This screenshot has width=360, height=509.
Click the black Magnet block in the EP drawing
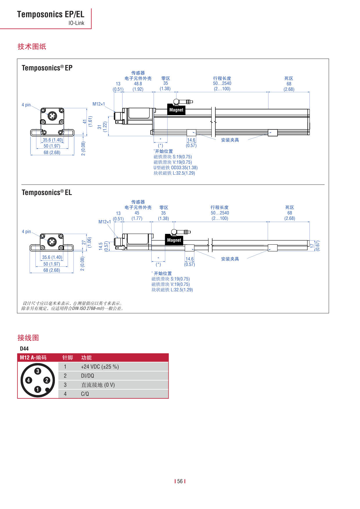click(176, 110)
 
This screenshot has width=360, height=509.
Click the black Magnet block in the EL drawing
click(174, 240)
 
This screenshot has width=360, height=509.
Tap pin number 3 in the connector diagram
click(38, 371)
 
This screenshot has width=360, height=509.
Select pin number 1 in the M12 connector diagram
click(38, 389)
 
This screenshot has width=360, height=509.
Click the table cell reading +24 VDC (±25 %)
click(100, 367)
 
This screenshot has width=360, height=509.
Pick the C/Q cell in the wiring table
click(85, 394)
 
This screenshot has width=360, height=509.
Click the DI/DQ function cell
click(87, 376)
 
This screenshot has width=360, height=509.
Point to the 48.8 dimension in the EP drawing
click(138, 84)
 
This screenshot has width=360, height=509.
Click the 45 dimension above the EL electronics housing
click(137, 213)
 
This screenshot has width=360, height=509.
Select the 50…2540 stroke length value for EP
click(222, 83)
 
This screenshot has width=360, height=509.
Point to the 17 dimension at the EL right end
click(312, 246)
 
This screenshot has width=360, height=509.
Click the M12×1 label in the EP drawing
click(99, 104)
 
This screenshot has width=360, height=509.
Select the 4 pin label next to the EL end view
click(26, 232)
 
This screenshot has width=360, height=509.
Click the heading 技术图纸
click(32, 46)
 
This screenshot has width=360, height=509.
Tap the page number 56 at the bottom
click(180, 481)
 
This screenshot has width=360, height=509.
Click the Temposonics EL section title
click(47, 192)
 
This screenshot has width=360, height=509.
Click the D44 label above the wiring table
click(24, 349)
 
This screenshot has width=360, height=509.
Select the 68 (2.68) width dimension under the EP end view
click(52, 152)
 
